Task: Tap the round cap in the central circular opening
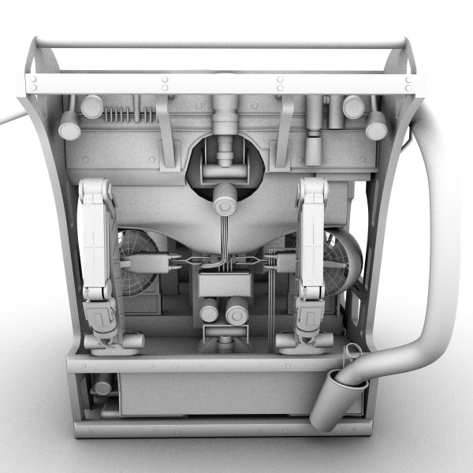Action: pyautogui.click(x=225, y=203)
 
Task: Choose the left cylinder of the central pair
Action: pyautogui.click(x=210, y=314)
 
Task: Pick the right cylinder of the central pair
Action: pyautogui.click(x=236, y=315)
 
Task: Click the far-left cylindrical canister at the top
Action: pyautogui.click(x=70, y=125)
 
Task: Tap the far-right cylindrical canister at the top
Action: pyautogui.click(x=376, y=125)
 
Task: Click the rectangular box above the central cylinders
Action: pyautogui.click(x=225, y=283)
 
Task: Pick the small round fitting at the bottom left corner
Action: pyautogui.click(x=100, y=388)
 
